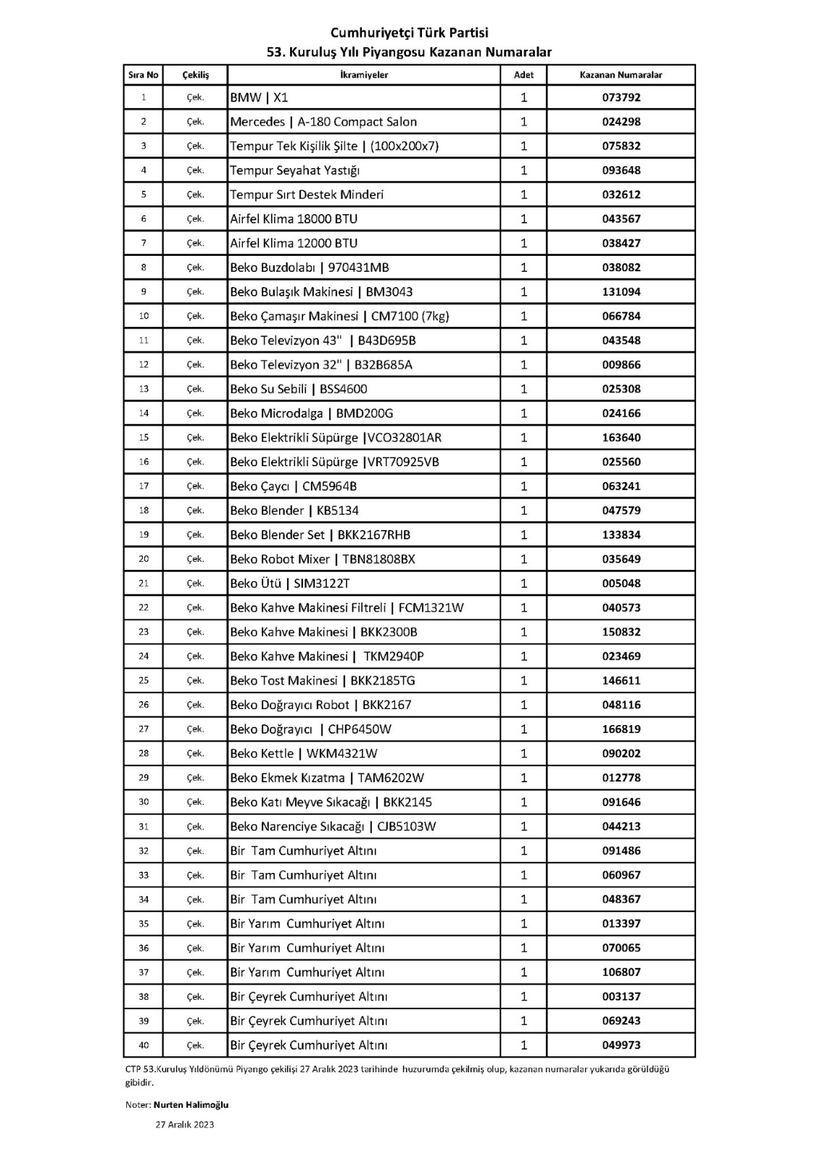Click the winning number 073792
click(621, 97)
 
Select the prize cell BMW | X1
click(259, 97)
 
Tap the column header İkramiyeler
click(363, 75)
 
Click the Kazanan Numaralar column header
click(621, 75)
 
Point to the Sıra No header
click(143, 75)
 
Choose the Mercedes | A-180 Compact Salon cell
click(323, 122)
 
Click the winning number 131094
click(621, 291)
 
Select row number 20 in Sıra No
click(144, 559)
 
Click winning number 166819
click(621, 729)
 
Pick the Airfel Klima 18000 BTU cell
click(294, 219)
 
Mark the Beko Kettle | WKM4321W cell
click(303, 753)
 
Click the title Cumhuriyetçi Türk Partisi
click(409, 33)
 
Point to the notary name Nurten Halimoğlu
click(191, 1104)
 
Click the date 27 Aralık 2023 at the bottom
click(185, 1124)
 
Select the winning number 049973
click(621, 1045)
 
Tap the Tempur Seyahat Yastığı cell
click(294, 170)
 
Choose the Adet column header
click(523, 75)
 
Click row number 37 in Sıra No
click(144, 972)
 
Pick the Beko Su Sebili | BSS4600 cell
click(298, 389)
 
